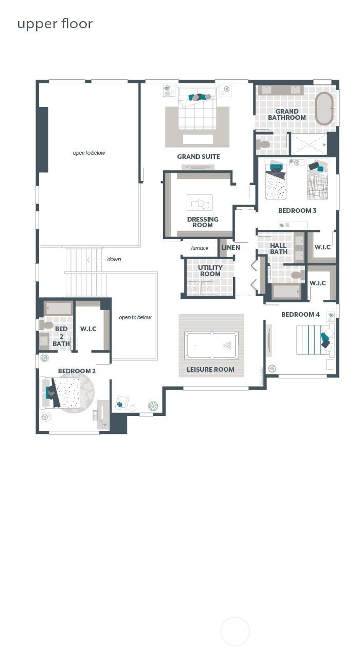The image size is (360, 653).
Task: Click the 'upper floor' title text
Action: pos(55,24)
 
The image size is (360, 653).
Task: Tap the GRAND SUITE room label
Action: pos(199,156)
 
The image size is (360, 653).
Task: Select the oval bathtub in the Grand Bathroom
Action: pos(324,108)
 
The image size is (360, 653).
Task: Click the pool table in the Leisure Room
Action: pos(211,345)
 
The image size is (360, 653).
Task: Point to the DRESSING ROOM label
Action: pos(203,222)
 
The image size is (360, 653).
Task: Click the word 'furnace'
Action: pos(200,248)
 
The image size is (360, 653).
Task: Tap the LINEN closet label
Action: pos(230,247)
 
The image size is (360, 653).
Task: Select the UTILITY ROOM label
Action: pos(210,270)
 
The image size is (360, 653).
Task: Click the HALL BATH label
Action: pos(278,249)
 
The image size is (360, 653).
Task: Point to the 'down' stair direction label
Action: pos(114,259)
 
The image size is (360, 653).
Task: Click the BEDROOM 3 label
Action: pos(297,210)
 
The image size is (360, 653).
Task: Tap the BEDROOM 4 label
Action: pos(300,314)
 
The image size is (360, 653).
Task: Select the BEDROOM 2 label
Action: pos(77,371)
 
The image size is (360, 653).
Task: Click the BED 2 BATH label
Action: pos(61,336)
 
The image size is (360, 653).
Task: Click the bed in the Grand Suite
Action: pos(197,111)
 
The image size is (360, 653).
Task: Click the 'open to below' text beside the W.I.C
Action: pos(135,317)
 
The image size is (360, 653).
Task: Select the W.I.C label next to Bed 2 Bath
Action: pos(88,329)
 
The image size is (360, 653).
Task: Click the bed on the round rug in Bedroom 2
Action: pos(68,392)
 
